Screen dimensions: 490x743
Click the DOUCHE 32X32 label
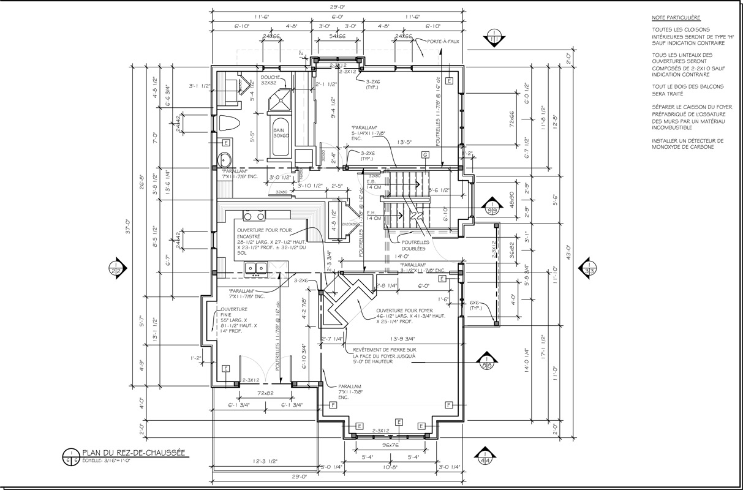point(270,80)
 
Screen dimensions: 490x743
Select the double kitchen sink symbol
point(254,267)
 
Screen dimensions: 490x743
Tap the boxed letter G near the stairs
point(423,154)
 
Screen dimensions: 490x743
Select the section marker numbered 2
point(115,268)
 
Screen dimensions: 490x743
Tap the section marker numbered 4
point(486,458)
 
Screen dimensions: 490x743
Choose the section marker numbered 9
point(491,206)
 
